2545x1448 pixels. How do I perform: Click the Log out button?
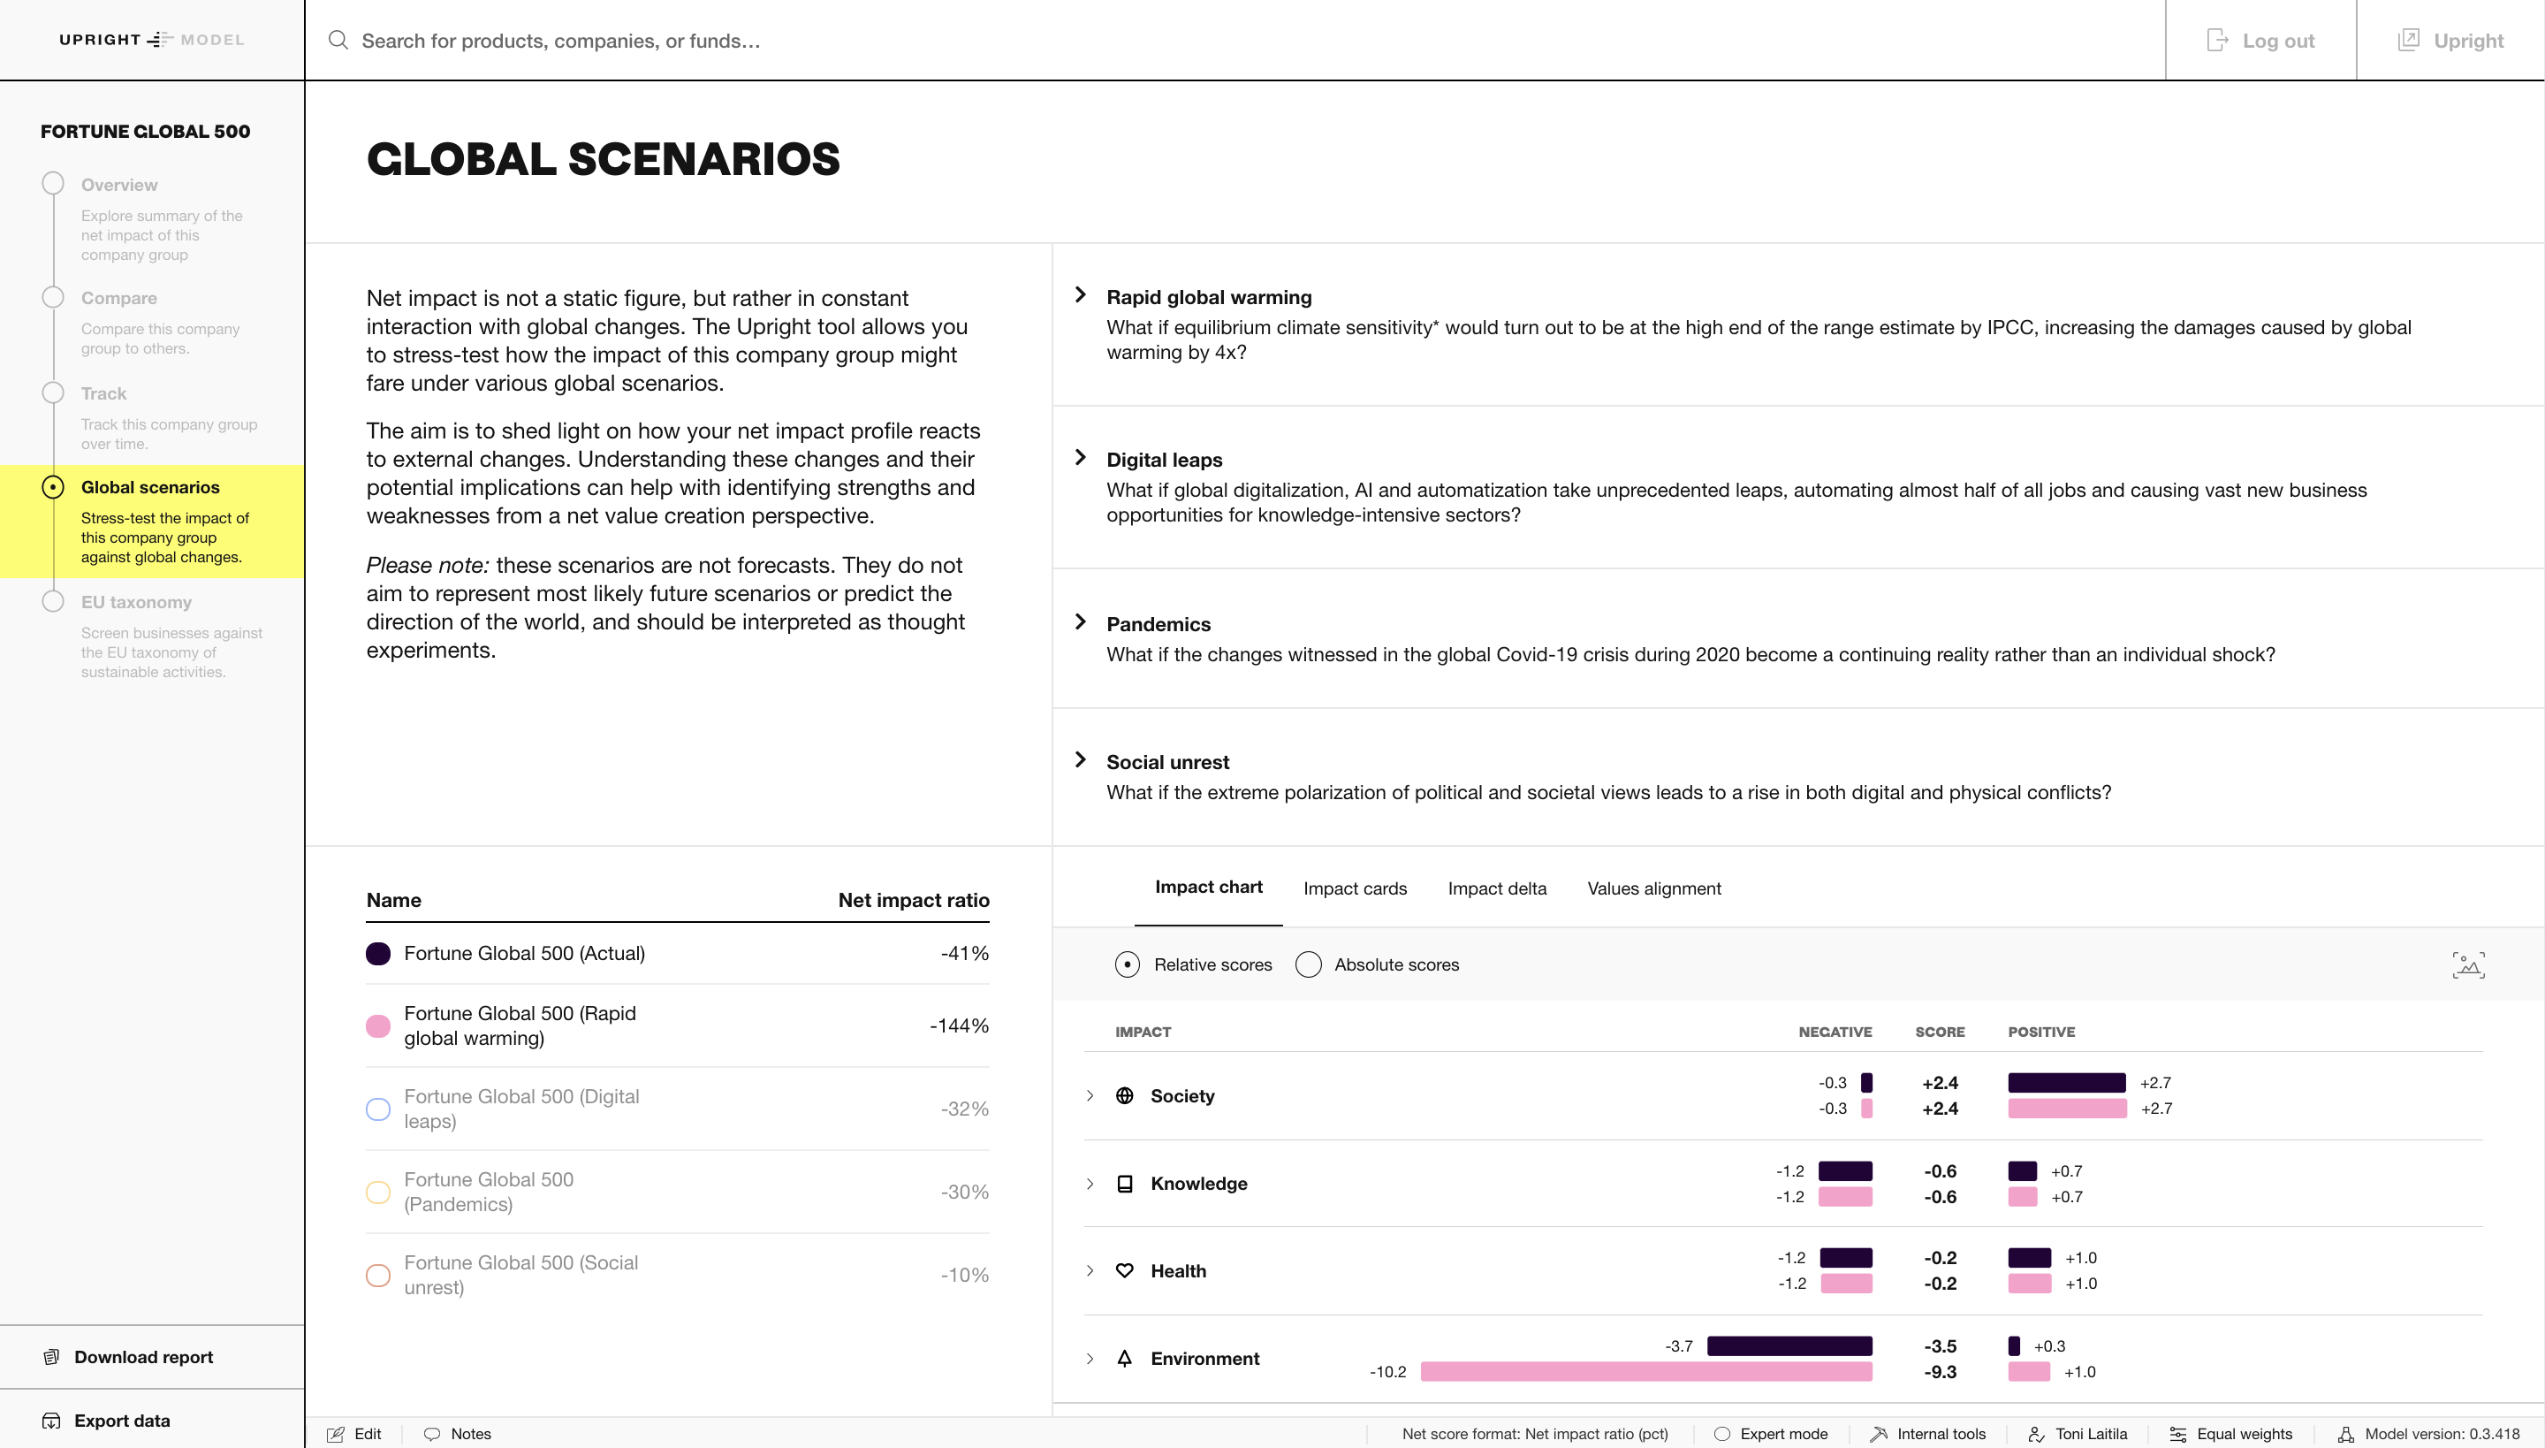click(x=2260, y=41)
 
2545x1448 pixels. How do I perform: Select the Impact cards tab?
click(x=1355, y=888)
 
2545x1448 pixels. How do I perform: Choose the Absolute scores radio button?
click(x=1308, y=964)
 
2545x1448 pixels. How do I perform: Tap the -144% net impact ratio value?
click(x=958, y=1025)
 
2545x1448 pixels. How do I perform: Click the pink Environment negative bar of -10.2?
click(x=1645, y=1372)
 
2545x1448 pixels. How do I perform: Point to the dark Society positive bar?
click(x=2066, y=1083)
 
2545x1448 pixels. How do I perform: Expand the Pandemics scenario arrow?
click(x=1081, y=622)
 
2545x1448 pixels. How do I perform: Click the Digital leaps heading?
click(x=1164, y=460)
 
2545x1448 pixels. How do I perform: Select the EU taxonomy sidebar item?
click(x=136, y=603)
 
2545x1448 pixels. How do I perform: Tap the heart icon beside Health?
click(x=1124, y=1271)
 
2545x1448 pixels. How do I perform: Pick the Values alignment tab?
click(x=1653, y=888)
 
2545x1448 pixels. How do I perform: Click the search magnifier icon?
click(x=338, y=41)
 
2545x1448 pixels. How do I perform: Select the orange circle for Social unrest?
click(x=378, y=1275)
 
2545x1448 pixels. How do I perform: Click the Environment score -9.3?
click(x=1940, y=1372)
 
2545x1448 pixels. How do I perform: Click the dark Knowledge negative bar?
click(x=1845, y=1171)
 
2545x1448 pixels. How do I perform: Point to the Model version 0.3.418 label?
click(x=2441, y=1434)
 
